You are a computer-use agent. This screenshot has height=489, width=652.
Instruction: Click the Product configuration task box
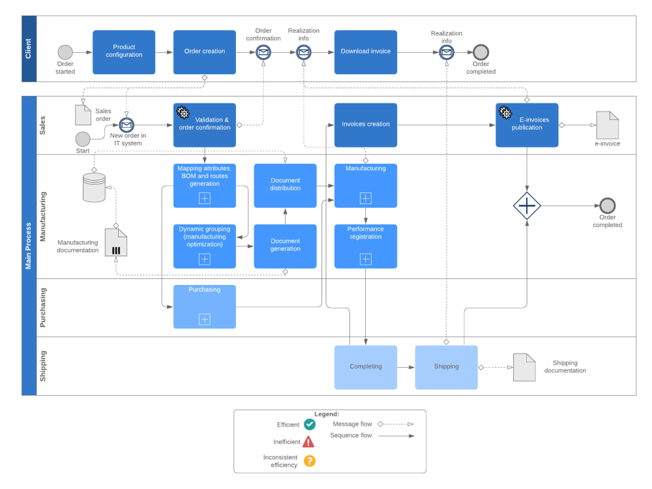click(x=124, y=52)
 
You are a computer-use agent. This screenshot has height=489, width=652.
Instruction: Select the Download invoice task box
click(x=366, y=52)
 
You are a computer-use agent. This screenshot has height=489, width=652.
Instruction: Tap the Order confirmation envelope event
click(x=263, y=52)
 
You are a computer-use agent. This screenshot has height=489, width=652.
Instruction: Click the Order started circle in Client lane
click(x=65, y=52)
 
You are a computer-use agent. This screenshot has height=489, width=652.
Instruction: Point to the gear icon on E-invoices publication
click(x=505, y=112)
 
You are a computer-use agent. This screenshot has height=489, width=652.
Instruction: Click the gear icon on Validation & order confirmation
click(x=183, y=112)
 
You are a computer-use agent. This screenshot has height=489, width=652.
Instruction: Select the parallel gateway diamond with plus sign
click(x=527, y=206)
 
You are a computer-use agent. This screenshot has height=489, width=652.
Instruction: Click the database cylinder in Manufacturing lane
click(x=94, y=188)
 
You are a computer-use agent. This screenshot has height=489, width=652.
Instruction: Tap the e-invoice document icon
click(x=608, y=125)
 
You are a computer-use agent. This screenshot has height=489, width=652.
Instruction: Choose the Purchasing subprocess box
click(x=205, y=307)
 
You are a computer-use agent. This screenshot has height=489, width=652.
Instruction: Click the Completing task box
click(x=366, y=367)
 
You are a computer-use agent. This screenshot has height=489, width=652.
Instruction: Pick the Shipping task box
click(x=446, y=367)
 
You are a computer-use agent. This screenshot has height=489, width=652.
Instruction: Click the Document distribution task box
click(x=286, y=185)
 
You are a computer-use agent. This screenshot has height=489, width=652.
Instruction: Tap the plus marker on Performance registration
click(x=366, y=259)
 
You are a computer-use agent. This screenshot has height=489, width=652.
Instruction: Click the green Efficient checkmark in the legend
click(x=309, y=424)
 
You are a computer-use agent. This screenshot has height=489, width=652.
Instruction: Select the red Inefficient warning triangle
click(x=308, y=441)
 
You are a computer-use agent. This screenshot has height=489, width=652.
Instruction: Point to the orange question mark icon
click(x=309, y=461)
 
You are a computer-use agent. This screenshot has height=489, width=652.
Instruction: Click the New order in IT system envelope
click(x=126, y=125)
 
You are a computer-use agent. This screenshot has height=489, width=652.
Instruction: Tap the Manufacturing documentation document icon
click(x=116, y=243)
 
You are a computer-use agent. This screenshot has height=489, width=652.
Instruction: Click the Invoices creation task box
click(x=366, y=125)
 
